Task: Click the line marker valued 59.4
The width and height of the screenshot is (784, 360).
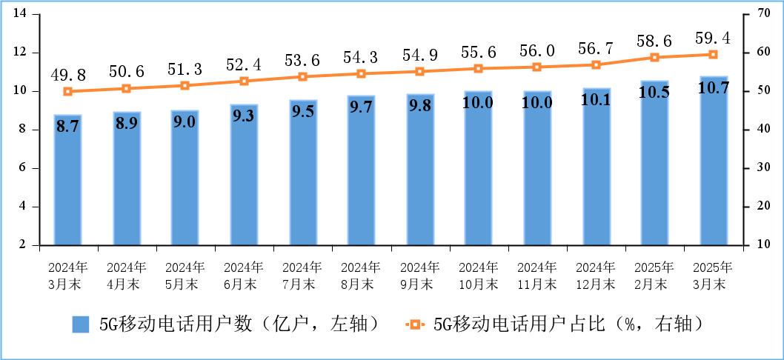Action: (714, 54)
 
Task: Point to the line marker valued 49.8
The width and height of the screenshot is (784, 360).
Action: (67, 92)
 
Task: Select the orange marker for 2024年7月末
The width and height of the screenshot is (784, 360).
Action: (302, 77)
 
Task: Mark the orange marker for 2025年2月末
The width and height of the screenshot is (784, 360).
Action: (654, 57)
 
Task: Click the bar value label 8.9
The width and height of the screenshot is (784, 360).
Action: (126, 123)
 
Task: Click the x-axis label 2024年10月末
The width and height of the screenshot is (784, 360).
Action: (478, 275)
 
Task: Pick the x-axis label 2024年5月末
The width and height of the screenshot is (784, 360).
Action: (185, 275)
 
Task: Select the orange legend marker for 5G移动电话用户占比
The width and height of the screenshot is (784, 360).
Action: (415, 324)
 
